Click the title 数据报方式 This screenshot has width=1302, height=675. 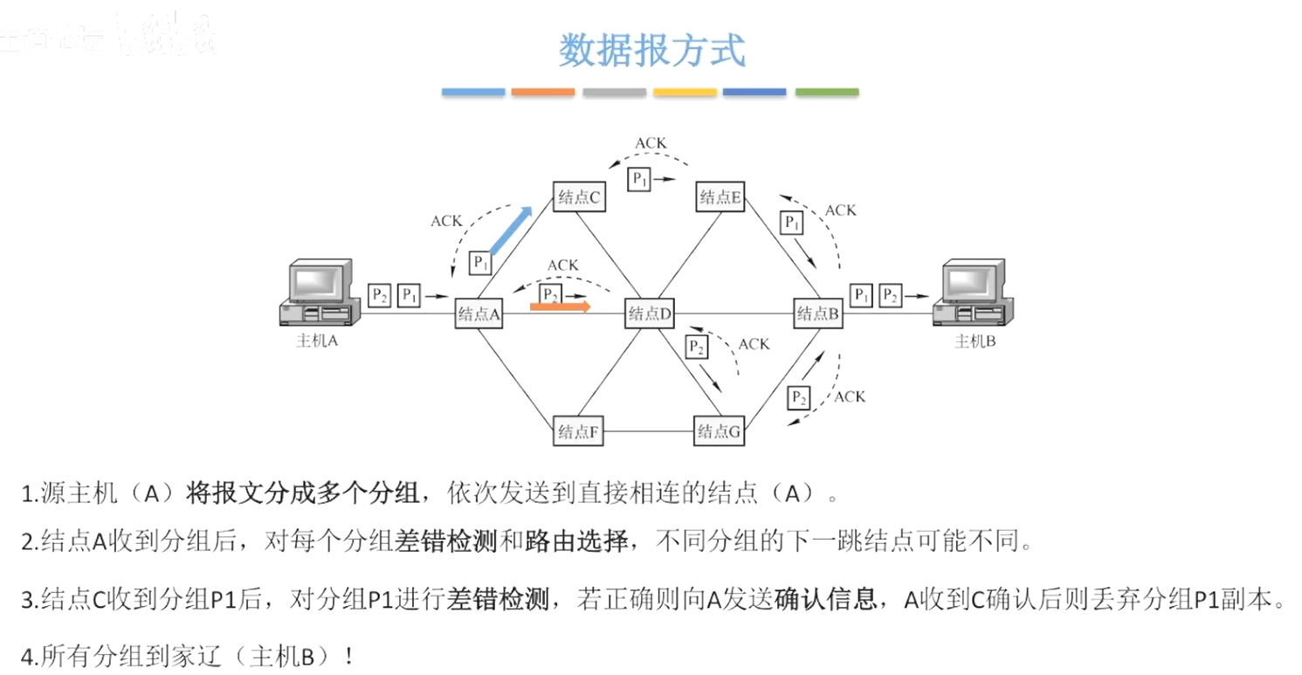(x=651, y=50)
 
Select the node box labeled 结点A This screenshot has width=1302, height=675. (x=479, y=313)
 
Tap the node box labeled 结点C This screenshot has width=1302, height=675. (x=579, y=196)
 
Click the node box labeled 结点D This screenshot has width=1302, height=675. (x=649, y=313)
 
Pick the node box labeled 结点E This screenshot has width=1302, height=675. (x=720, y=196)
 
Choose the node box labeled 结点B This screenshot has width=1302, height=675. (x=818, y=313)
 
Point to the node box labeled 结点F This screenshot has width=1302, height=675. (x=579, y=430)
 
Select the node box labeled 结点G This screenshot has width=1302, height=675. (x=719, y=430)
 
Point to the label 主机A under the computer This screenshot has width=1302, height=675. (x=317, y=341)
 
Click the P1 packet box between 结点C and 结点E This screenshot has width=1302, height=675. (x=640, y=179)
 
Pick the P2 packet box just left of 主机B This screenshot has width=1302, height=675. (x=890, y=295)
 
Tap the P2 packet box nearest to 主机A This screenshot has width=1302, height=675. (x=379, y=295)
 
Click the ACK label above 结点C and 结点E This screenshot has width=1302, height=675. (x=651, y=143)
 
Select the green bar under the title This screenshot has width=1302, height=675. (x=826, y=92)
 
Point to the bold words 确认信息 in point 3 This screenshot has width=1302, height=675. (x=825, y=600)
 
